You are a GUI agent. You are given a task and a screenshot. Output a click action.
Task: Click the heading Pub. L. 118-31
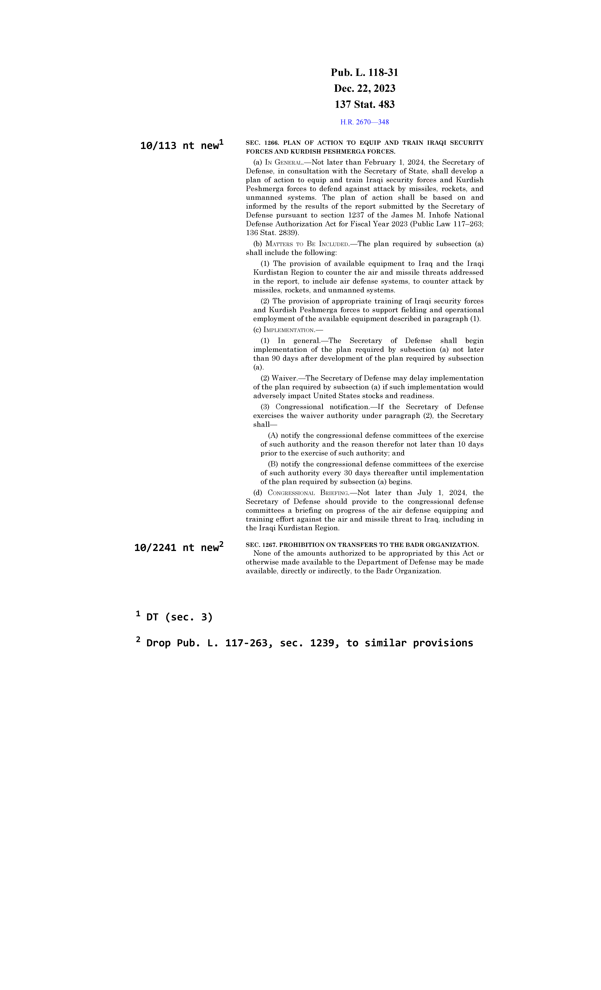364,73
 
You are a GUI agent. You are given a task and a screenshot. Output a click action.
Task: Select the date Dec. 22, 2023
364,88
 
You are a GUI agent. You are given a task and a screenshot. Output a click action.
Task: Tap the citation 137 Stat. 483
364,104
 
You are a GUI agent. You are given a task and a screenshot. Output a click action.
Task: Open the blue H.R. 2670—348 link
364,122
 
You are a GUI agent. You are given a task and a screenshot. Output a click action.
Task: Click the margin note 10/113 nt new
179,146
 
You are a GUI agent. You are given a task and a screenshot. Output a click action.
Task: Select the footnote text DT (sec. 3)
179,617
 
